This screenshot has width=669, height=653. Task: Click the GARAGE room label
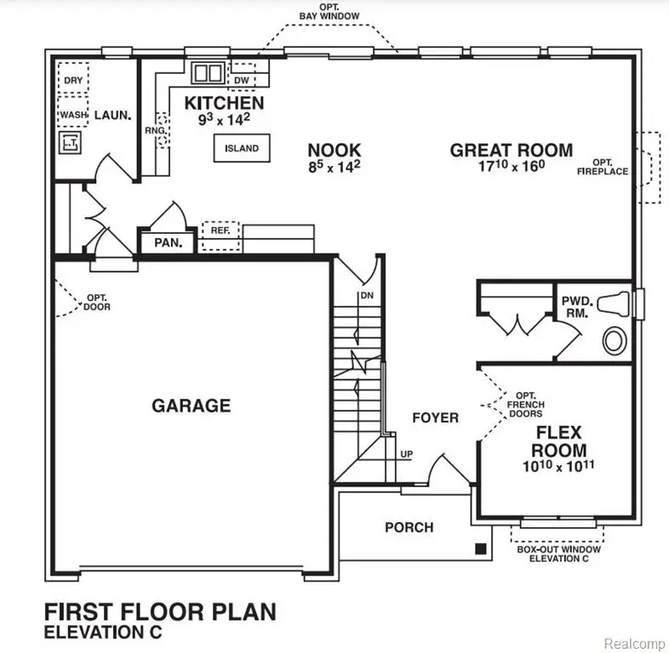[191, 405]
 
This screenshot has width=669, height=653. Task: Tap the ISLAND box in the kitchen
[242, 148]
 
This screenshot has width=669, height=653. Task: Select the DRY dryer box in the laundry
[72, 80]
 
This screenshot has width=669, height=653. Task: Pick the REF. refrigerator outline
[220, 230]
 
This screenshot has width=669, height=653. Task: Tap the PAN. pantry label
[168, 242]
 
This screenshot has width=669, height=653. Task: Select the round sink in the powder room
[614, 342]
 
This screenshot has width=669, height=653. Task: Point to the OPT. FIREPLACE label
[603, 167]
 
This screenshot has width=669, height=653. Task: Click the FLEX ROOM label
[560, 440]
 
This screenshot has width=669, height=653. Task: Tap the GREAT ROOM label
[511, 150]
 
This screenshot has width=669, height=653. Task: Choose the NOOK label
[334, 150]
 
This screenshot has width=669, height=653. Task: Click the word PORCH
[409, 527]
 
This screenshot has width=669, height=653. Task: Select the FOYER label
[435, 417]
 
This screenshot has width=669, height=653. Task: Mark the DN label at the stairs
[367, 295]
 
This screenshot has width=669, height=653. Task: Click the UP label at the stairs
[406, 454]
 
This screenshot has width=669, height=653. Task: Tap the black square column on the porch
[482, 548]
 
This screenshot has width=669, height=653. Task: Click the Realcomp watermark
[632, 644]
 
